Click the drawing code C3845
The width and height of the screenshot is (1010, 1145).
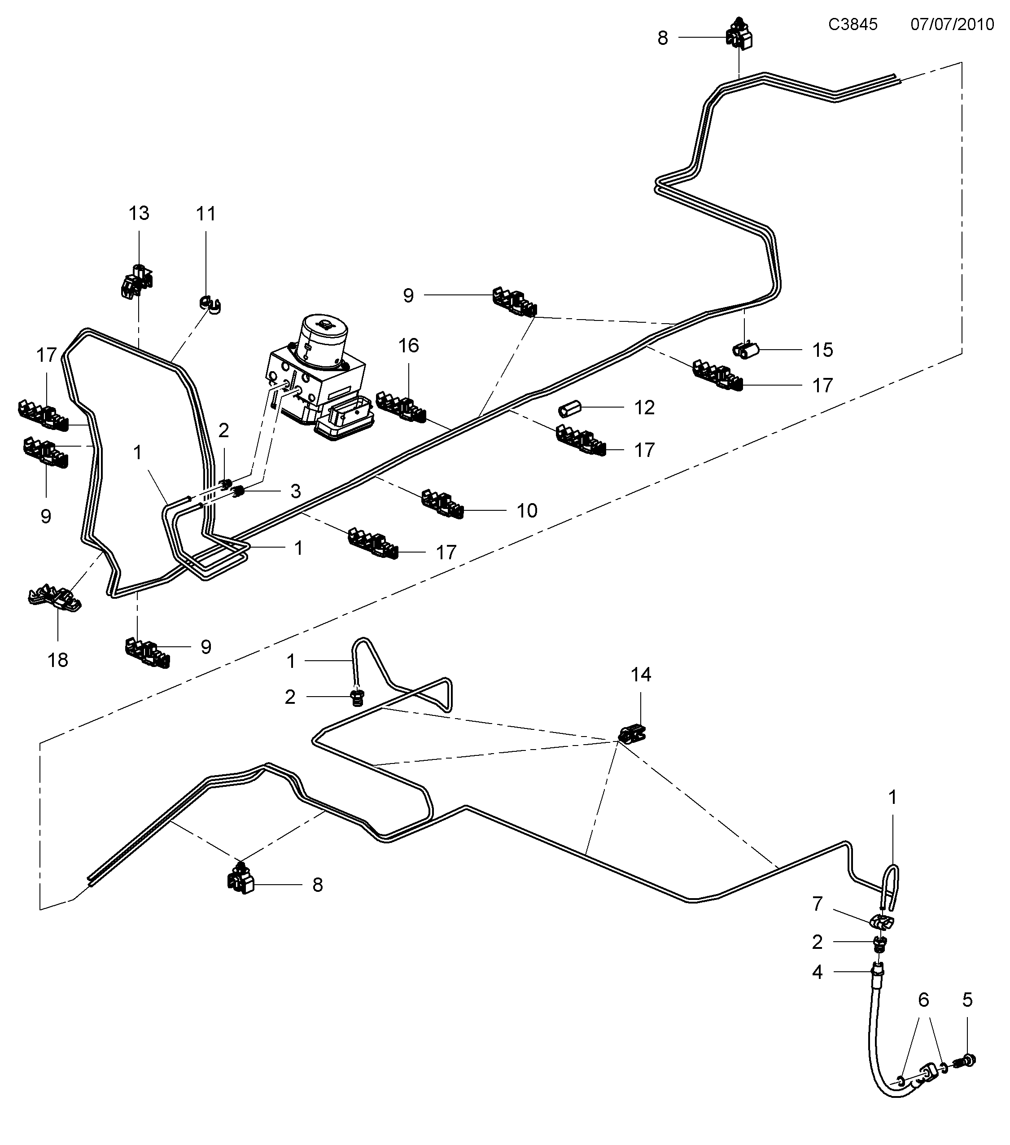[853, 24]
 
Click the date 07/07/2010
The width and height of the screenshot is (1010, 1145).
[952, 24]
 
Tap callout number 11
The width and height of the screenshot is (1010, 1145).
[205, 214]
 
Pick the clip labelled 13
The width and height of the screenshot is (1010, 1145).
[136, 281]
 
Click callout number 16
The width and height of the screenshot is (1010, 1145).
[409, 345]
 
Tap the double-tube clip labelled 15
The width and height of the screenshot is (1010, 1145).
[745, 351]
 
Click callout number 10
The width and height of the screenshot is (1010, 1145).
[527, 510]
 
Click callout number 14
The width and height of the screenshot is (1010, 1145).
[641, 675]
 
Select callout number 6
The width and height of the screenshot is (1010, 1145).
[923, 1000]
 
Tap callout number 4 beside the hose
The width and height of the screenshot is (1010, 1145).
[818, 972]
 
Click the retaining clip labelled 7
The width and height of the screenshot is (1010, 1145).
[882, 921]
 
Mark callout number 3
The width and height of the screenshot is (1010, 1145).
[296, 491]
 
